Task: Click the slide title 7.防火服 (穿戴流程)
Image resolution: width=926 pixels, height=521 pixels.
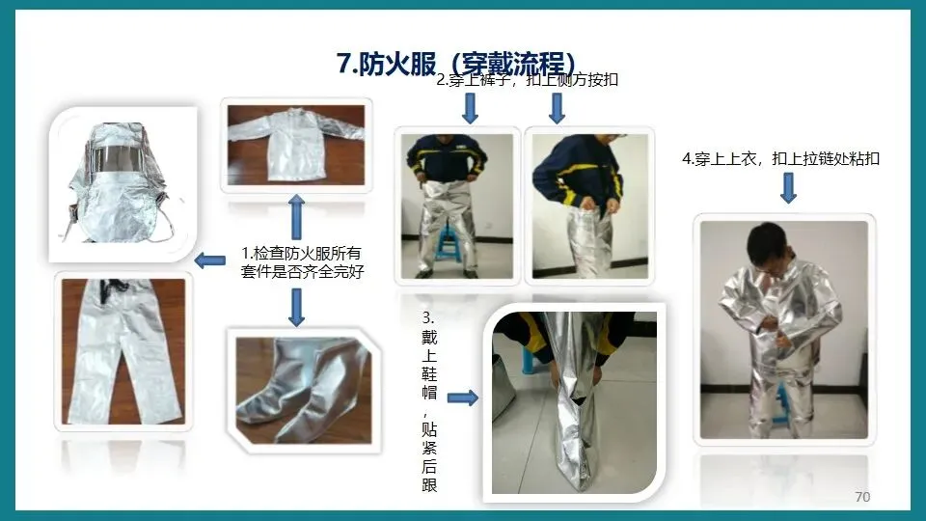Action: pyautogui.click(x=456, y=64)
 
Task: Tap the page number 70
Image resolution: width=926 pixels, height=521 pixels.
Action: pyautogui.click(x=862, y=497)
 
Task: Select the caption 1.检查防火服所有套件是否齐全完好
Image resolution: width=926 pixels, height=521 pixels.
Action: pyautogui.click(x=302, y=262)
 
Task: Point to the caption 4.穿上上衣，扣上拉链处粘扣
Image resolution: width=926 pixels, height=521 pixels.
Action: pyautogui.click(x=780, y=159)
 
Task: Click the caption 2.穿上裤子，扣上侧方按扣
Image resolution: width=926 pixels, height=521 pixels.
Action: pyautogui.click(x=527, y=80)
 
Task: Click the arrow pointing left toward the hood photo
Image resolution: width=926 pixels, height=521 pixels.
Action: pyautogui.click(x=209, y=260)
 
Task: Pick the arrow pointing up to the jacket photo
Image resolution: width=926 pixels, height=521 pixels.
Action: pyautogui.click(x=296, y=217)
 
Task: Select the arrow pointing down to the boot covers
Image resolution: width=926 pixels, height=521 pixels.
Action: pyautogui.click(x=296, y=307)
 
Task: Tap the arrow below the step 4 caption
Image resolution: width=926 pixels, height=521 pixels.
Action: pyautogui.click(x=788, y=188)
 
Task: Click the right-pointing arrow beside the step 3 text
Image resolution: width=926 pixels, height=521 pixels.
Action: pyautogui.click(x=462, y=398)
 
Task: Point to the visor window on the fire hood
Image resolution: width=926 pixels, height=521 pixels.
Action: pyautogui.click(x=121, y=157)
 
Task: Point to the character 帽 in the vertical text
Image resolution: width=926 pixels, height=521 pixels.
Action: pyautogui.click(x=429, y=393)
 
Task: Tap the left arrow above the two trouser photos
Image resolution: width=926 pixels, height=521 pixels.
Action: pyautogui.click(x=470, y=109)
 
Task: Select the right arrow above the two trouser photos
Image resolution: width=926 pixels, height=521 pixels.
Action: pyautogui.click(x=557, y=109)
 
